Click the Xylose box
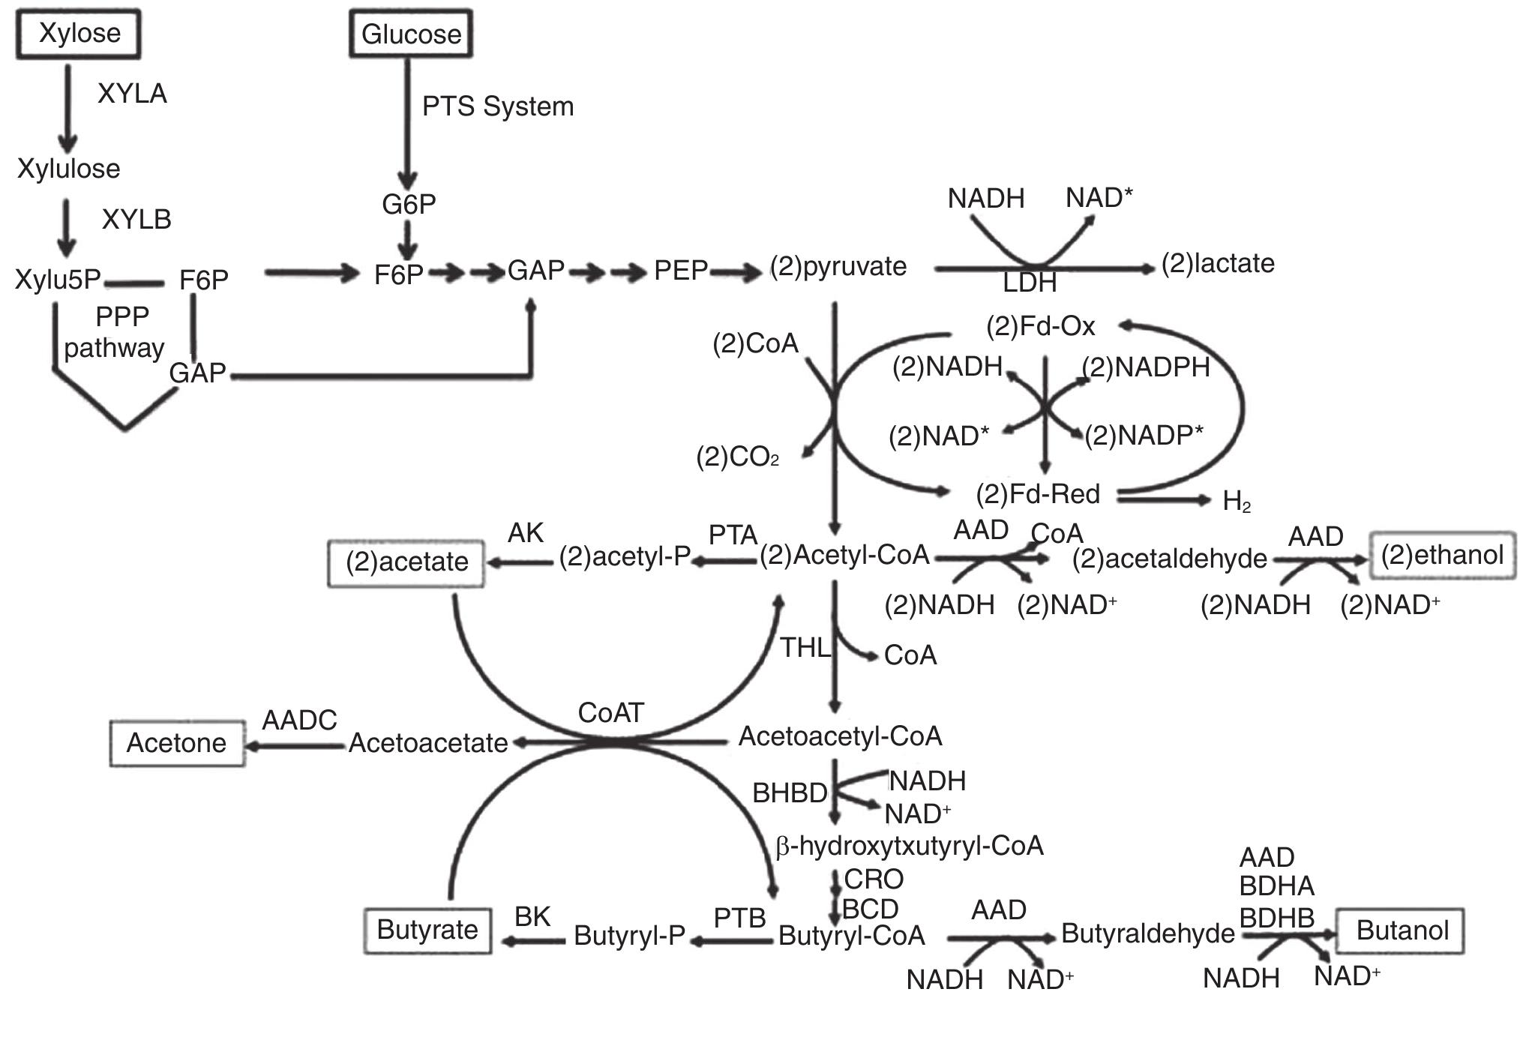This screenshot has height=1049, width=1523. pos(79,34)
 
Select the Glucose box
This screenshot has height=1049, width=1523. pos(411,34)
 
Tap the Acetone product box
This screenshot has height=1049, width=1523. pos(177,743)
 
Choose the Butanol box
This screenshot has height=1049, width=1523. pos(1401,931)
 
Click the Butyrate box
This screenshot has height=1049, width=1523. pos(427,931)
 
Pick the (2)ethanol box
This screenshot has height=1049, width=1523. pos(1442,556)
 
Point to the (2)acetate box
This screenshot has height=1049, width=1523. pos(406,562)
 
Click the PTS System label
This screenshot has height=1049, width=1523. pos(498,106)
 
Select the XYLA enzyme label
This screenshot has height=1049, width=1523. pos(132,94)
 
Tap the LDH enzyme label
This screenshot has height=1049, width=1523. pos(1030,283)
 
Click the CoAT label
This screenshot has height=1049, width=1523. pos(610,713)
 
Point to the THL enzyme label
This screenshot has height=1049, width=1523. pos(805,648)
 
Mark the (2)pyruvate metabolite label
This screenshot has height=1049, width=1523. pos(839,267)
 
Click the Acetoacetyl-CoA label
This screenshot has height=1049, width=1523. pos(840,736)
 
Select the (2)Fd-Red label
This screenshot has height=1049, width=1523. pos(1038,494)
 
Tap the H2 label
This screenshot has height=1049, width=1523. pos(1236,502)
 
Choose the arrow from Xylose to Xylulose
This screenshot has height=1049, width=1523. pos(68,109)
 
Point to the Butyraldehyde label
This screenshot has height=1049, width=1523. pos(1147,934)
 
